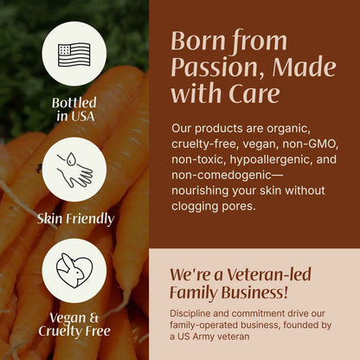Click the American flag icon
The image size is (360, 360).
74,53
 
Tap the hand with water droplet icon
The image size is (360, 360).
74,169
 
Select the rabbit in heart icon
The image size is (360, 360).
74,270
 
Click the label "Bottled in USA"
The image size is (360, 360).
74,110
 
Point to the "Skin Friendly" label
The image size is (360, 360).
74,218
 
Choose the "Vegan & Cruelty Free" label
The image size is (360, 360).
74,324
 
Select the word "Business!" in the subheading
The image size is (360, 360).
254,292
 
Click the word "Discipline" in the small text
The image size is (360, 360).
196,312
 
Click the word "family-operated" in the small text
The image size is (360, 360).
210,325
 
